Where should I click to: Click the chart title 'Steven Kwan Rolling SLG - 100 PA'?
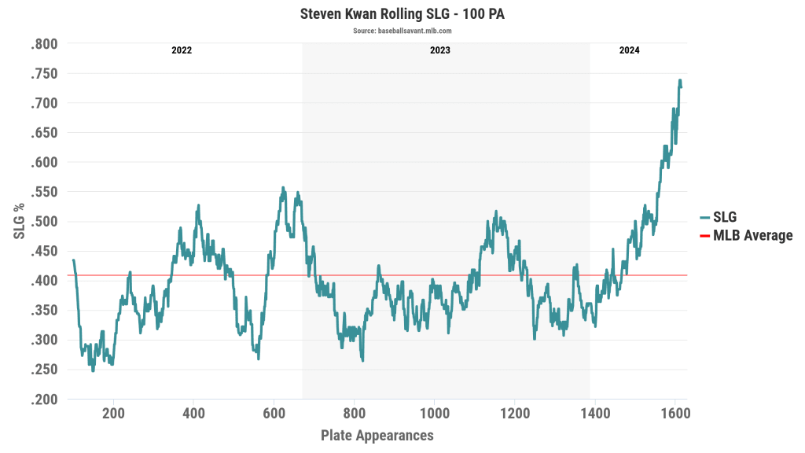pos(402,14)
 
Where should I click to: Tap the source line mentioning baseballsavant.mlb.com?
pos(402,31)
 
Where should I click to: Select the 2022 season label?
pos(182,50)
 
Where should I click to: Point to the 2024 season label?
pos(629,50)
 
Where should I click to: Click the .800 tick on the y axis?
pos(44,44)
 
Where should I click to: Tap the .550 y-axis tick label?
pos(44,192)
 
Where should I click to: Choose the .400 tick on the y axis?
pos(44,281)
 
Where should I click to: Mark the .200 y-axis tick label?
pos(44,400)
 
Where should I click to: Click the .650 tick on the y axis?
pos(44,133)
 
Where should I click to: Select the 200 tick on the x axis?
pos(114,414)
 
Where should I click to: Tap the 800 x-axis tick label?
pos(355,414)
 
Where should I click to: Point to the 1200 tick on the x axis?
pos(515,414)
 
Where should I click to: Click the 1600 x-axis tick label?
pos(675,414)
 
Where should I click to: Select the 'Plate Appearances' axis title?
pos(377,435)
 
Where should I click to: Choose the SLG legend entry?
pos(724,218)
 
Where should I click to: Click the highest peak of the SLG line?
pos(679,79)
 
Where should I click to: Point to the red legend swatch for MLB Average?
pos(704,235)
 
